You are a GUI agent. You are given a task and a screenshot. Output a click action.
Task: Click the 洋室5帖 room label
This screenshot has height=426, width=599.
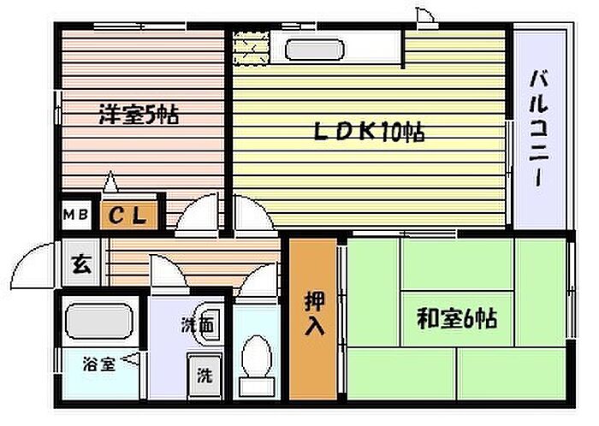pos(138,115)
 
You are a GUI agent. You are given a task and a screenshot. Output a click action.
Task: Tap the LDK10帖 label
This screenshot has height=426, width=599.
pos(369,133)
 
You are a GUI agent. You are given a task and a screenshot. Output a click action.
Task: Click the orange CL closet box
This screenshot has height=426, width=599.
pos(130,216)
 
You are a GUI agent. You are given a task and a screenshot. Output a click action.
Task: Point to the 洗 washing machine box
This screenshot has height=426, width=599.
pos(205,374)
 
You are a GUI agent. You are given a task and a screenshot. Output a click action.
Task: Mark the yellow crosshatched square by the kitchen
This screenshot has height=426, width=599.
pos(251,44)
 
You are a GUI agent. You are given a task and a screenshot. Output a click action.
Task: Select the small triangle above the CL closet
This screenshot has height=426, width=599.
pos(110,182)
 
